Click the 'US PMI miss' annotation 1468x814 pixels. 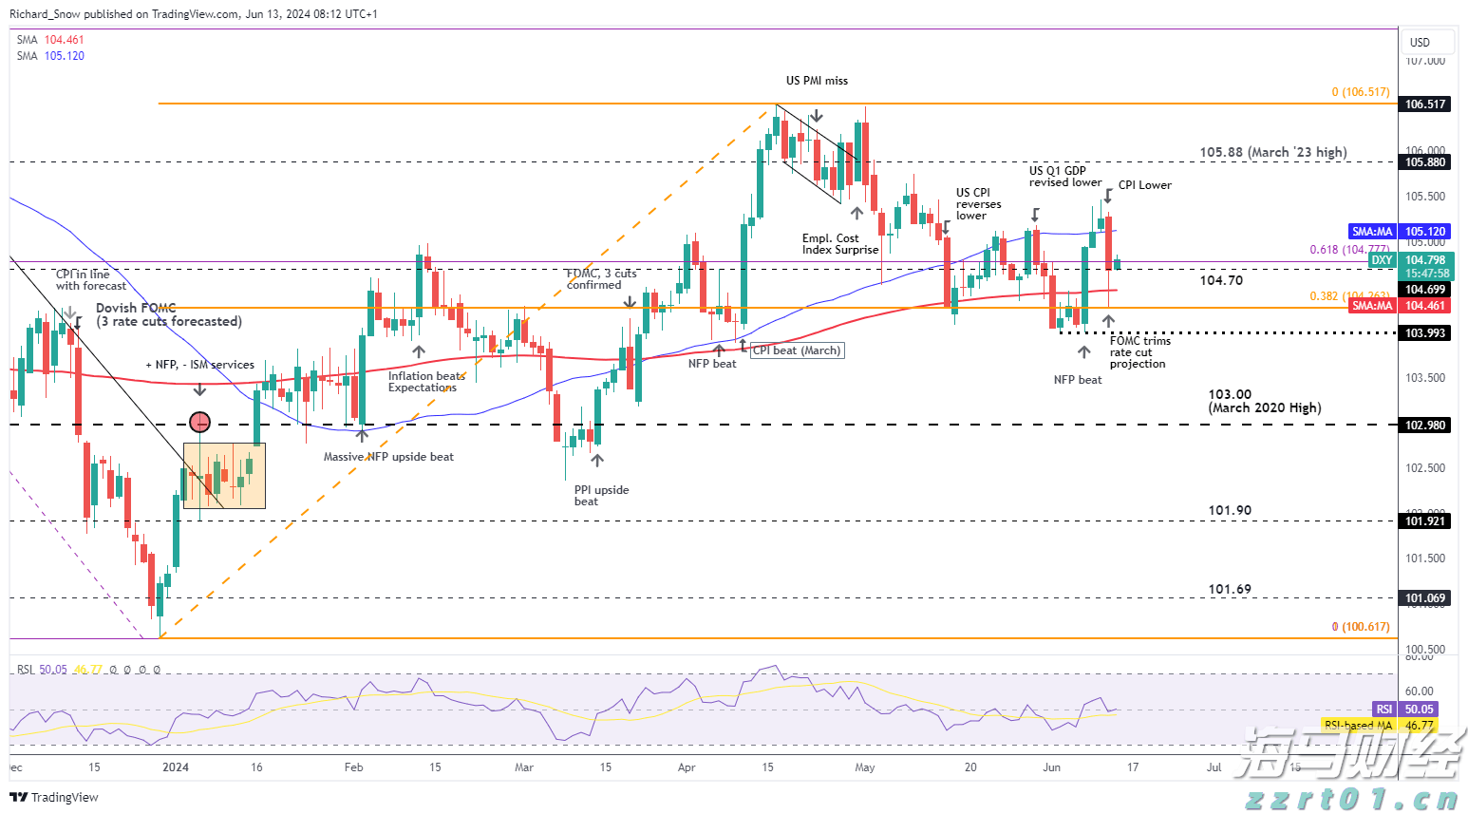(817, 81)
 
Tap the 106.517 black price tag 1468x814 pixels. (1425, 104)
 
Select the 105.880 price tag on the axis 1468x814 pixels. (1425, 162)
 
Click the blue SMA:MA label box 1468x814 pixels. (1372, 232)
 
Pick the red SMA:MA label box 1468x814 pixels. (1372, 306)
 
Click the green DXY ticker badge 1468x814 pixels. (1382, 260)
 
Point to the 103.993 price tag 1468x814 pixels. (1425, 333)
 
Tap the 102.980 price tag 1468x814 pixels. (1425, 426)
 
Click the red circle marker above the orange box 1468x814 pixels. (199, 422)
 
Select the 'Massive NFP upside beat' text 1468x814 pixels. (388, 457)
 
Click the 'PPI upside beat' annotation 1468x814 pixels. (601, 496)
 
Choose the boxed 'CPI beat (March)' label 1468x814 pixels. (797, 350)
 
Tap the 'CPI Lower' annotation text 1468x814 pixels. (1144, 185)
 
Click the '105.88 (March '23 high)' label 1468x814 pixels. (1272, 152)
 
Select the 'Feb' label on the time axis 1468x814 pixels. (353, 767)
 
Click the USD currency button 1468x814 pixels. (1420, 42)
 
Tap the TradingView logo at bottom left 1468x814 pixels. (55, 797)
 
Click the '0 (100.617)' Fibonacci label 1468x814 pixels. (1360, 627)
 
